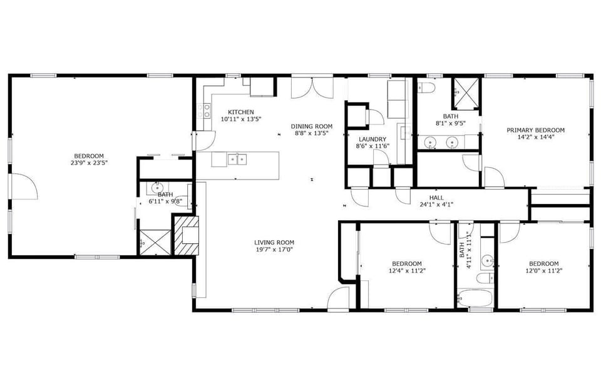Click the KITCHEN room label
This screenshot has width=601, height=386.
tap(240, 112)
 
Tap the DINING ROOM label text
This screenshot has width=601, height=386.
tap(312, 126)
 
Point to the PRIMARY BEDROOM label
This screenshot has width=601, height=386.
tap(535, 130)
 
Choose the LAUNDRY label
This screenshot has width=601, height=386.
tap(372, 139)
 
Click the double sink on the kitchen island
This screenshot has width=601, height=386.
tap(237, 159)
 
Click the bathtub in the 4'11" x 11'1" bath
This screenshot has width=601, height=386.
tap(475, 298)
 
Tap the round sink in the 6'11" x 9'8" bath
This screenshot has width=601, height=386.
tap(157, 186)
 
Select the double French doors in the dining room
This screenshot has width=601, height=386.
tap(312, 88)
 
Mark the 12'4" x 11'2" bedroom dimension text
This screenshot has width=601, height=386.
tap(406, 272)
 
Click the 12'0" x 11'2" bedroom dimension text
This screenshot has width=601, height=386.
tap(543, 272)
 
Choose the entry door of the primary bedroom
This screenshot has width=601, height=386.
tap(494, 178)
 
